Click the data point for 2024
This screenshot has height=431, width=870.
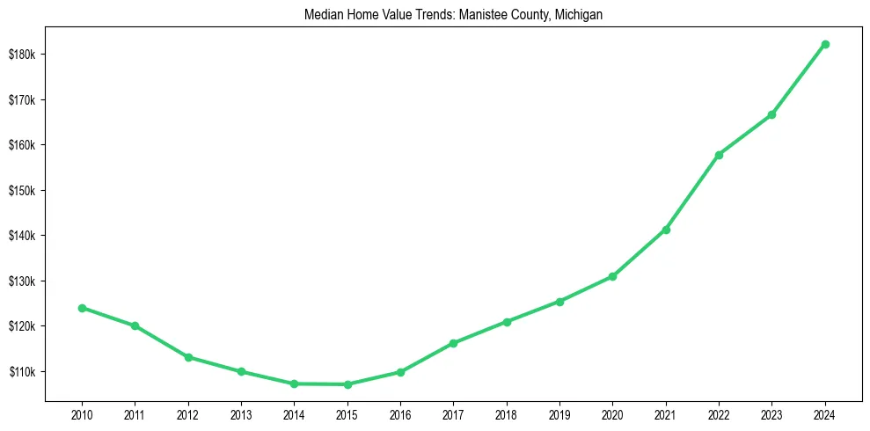click(x=825, y=44)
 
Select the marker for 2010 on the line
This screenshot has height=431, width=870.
click(x=82, y=308)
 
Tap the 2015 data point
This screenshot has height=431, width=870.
click(x=347, y=384)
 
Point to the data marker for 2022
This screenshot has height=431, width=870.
click(x=719, y=155)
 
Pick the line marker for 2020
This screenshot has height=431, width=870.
click(x=612, y=276)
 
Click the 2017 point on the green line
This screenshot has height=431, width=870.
click(x=453, y=343)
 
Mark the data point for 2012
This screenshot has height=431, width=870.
click(x=188, y=357)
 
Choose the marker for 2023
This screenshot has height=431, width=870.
click(x=771, y=114)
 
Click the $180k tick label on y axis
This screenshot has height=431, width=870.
click(x=21, y=55)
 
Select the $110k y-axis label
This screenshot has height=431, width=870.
click(x=21, y=372)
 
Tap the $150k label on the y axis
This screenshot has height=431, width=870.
click(x=21, y=191)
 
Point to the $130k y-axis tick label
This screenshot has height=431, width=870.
click(x=21, y=281)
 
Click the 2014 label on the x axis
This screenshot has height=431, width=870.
click(x=294, y=413)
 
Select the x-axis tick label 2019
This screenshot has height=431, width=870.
click(x=559, y=413)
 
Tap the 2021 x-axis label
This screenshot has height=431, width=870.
click(x=666, y=413)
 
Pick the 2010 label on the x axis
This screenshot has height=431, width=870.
click(x=82, y=413)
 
